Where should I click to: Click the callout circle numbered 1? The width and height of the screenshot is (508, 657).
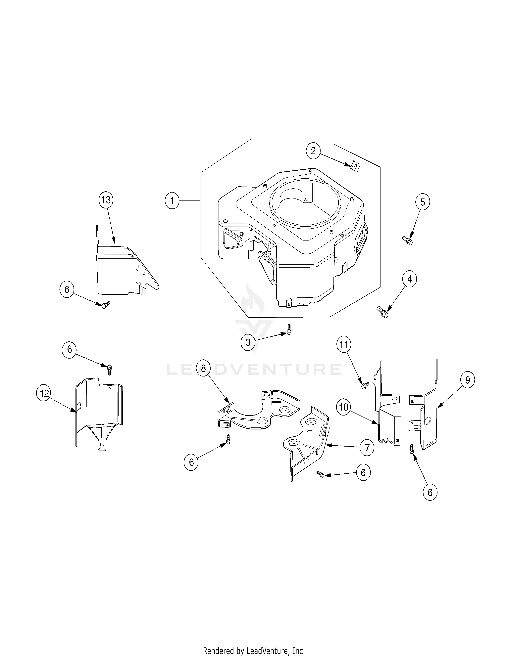click(172, 201)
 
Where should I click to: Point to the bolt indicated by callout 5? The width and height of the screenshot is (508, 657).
click(407, 240)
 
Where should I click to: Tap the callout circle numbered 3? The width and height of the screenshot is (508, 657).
click(248, 342)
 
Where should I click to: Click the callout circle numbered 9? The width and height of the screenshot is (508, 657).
click(467, 380)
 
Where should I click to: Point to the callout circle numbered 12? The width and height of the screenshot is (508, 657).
click(44, 393)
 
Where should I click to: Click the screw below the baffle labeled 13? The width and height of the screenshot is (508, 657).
click(105, 305)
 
